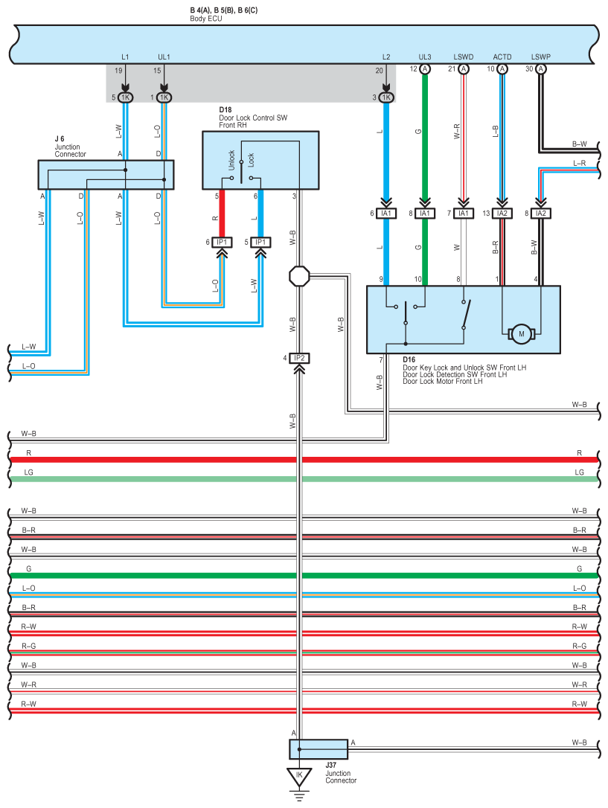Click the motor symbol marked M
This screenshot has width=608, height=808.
click(521, 334)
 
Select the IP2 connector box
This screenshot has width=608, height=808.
click(299, 358)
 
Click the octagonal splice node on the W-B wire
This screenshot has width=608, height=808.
click(299, 276)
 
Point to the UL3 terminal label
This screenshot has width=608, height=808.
click(425, 57)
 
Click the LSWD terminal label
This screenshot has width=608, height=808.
click(463, 57)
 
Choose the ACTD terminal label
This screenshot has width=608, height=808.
click(502, 57)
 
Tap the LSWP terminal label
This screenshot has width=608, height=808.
click(540, 57)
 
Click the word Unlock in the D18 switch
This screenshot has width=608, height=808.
click(231, 160)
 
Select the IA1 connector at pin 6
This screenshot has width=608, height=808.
click(386, 214)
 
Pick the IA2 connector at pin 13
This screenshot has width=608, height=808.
click(502, 214)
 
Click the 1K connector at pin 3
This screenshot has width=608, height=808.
click(386, 97)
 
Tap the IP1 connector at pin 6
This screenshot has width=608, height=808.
click(222, 243)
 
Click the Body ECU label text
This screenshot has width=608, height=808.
click(206, 19)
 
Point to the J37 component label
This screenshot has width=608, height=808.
click(331, 766)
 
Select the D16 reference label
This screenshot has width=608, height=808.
click(409, 359)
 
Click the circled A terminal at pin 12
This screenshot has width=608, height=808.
click(425, 69)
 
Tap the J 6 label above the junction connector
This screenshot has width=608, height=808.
click(60, 139)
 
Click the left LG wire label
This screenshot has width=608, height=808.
click(29, 472)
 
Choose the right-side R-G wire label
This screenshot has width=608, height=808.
click(579, 647)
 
